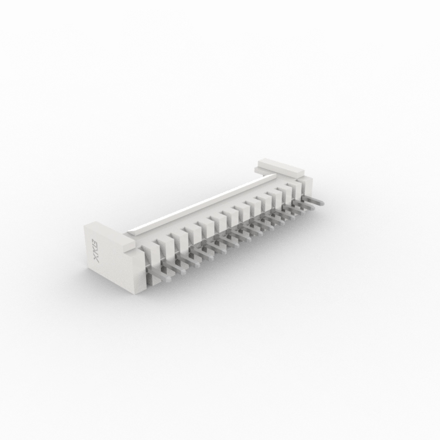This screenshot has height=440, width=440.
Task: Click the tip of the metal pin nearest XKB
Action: pos(170,279)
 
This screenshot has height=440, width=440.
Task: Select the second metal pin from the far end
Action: pos(304,206)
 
